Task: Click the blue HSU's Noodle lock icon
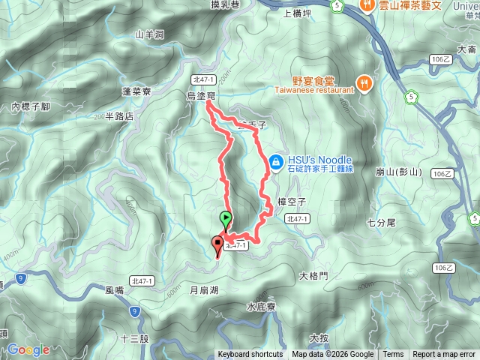(276, 161)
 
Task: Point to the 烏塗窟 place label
(201, 96)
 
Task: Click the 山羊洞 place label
(148, 34)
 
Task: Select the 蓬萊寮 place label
(136, 91)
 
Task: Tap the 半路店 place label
(120, 116)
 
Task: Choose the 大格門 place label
(313, 276)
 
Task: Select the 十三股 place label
(134, 339)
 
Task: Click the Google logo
(28, 349)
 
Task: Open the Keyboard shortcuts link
(250, 355)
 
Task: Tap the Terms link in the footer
(393, 355)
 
